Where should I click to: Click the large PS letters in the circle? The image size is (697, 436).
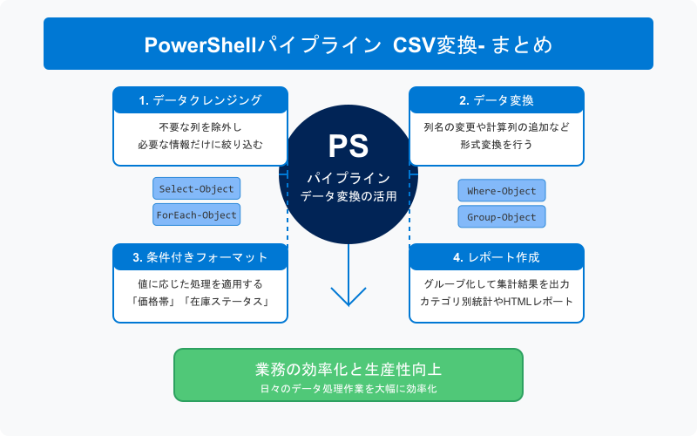(x=348, y=145)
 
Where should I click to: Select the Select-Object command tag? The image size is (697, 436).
(x=196, y=188)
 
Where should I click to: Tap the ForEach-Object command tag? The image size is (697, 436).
(x=196, y=215)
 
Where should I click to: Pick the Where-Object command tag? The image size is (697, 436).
(x=501, y=190)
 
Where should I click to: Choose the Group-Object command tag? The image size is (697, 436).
(x=501, y=216)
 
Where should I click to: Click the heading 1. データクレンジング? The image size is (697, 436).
(x=200, y=100)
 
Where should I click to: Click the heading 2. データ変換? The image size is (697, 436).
(x=496, y=100)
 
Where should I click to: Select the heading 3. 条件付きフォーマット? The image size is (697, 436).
(x=200, y=257)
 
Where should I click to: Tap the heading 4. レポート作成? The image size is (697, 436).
(x=496, y=257)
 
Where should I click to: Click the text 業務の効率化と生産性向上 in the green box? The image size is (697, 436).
(x=348, y=369)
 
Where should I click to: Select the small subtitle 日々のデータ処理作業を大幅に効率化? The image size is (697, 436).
(x=348, y=388)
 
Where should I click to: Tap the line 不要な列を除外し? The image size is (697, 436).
(x=200, y=127)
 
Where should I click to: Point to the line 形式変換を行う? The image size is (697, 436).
(x=497, y=145)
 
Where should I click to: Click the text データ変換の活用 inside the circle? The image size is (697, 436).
(x=348, y=197)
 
